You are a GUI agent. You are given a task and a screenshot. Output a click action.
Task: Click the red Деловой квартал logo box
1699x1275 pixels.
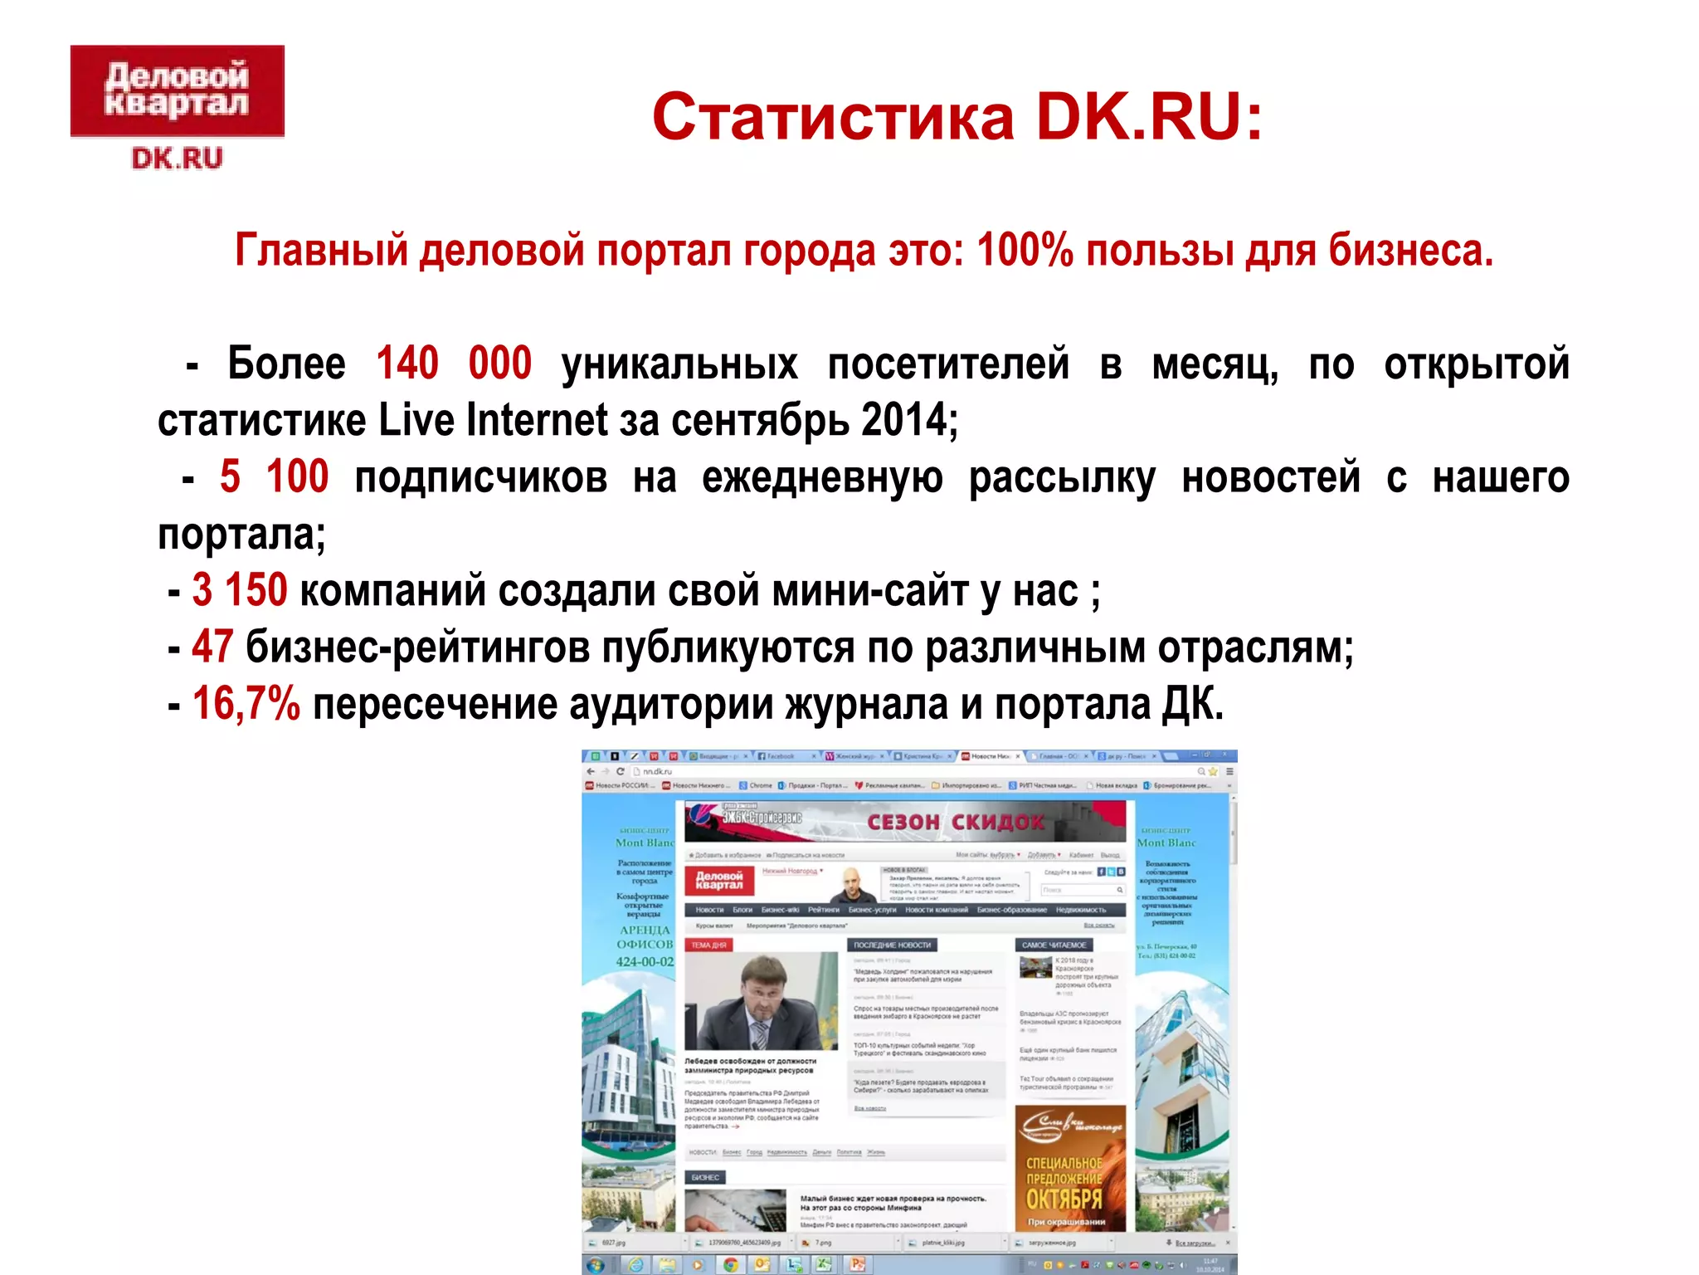pos(177,90)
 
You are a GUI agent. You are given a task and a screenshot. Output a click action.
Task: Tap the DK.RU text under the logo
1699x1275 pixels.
pos(177,158)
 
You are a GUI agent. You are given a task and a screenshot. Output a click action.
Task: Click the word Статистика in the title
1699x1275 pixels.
pos(833,117)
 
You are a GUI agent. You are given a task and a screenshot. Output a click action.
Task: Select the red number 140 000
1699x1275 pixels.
pos(453,364)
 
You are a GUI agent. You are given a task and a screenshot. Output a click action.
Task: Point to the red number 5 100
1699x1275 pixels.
pos(274,477)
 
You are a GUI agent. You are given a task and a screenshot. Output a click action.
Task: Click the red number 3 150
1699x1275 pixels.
pos(240,590)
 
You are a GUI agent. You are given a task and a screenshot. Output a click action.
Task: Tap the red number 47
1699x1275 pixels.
pos(212,647)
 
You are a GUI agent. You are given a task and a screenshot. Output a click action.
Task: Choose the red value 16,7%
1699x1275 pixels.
pos(246,704)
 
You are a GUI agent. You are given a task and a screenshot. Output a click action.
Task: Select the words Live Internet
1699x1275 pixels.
pos(494,420)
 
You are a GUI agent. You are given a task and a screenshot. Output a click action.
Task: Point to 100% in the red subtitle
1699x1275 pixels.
pos(1025,250)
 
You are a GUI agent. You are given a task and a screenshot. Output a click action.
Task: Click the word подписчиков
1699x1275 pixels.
pos(481,477)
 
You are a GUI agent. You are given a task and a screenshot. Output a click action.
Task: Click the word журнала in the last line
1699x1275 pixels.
pos(866,704)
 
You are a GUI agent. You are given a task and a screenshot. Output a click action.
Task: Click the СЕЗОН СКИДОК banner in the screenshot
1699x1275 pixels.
pos(954,822)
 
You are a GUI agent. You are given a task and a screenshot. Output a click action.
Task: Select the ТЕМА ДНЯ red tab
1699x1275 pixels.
pos(708,945)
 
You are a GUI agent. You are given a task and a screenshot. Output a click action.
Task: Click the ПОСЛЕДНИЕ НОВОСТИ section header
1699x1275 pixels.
pos(892,945)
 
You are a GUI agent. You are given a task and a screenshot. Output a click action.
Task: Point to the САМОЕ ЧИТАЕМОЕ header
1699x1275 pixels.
pos(1054,945)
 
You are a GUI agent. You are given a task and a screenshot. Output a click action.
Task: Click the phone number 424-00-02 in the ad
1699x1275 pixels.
pos(645,962)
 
